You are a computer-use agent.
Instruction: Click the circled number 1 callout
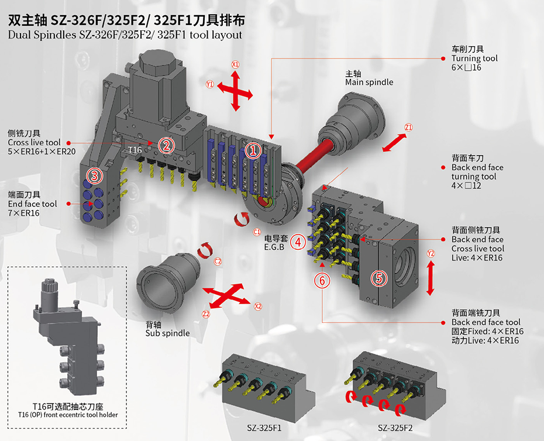click(253, 151)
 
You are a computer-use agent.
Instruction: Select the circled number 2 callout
click(167, 145)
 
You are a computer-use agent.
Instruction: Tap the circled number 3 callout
click(95, 175)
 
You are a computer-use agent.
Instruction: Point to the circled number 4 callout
click(298, 241)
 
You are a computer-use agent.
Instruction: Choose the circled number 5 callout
click(380, 278)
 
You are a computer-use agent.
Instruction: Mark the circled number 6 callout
click(322, 280)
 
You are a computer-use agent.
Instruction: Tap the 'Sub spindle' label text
click(167, 333)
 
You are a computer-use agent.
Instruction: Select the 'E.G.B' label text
click(274, 247)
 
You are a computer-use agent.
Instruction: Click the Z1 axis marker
click(409, 128)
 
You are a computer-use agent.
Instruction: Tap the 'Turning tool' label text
click(474, 58)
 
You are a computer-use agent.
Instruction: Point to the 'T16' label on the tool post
click(135, 150)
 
